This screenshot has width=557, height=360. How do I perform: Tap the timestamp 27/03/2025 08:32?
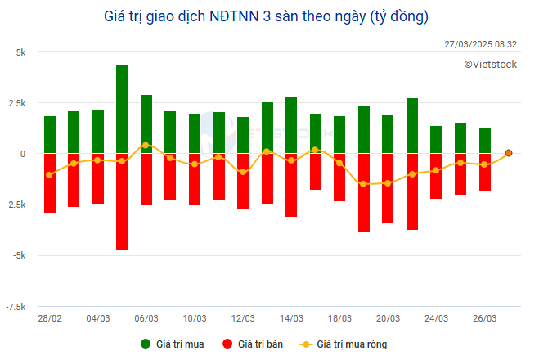point(480,44)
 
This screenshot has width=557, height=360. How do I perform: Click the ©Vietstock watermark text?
point(491,64)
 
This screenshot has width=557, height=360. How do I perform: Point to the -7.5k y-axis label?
point(16,307)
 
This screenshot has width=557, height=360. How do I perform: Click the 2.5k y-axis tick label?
point(16,102)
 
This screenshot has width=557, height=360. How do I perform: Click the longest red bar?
point(122,201)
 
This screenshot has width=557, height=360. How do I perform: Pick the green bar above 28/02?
point(50,135)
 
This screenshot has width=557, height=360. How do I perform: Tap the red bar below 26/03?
point(485,172)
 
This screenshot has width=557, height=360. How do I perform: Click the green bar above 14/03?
point(291,125)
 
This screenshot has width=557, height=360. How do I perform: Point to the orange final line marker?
point(509,153)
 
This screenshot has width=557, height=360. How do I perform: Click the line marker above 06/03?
point(146,146)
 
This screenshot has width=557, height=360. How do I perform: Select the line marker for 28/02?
point(50,175)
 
